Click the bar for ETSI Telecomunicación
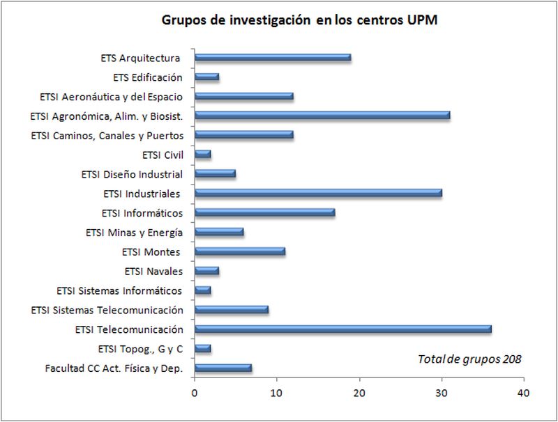[343, 329]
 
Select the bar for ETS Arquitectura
[273, 58]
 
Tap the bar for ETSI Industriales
[318, 194]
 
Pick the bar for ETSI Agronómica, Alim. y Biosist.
[322, 116]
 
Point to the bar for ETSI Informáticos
[265, 213]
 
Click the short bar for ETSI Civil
[203, 155]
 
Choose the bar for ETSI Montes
[240, 251]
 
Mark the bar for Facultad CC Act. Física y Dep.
[223, 368]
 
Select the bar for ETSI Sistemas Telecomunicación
[232, 310]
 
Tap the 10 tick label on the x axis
[277, 393]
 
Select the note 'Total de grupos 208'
[469, 359]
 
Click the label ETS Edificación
[147, 77]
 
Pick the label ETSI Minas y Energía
[134, 233]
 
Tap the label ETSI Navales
[153, 271]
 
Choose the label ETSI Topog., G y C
[140, 349]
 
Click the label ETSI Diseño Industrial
[132, 174]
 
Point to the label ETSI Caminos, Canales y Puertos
[107, 135]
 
